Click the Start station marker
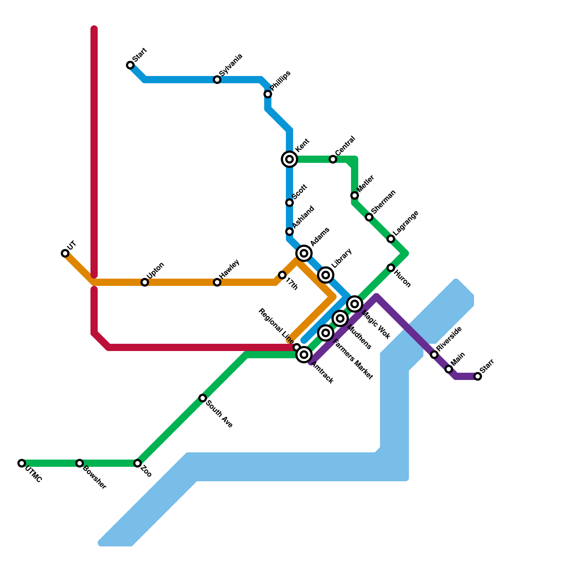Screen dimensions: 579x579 click(x=130, y=65)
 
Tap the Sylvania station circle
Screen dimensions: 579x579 click(x=217, y=80)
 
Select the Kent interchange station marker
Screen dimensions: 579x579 click(x=289, y=159)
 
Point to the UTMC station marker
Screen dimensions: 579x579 click(x=22, y=463)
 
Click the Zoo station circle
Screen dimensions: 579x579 click(x=138, y=463)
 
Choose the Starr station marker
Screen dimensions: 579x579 click(x=478, y=376)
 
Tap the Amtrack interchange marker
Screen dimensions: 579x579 click(x=304, y=355)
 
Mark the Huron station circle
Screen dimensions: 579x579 click(x=391, y=268)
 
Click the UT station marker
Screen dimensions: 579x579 click(x=65, y=253)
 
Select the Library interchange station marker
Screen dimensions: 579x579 click(x=326, y=275)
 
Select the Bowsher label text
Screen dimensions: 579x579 click(x=94, y=477)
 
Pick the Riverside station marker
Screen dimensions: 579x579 click(x=434, y=355)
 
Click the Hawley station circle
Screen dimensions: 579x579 click(x=217, y=282)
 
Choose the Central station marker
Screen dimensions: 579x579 click(x=333, y=159)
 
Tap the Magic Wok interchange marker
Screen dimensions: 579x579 click(x=355, y=304)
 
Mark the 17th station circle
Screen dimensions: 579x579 click(x=282, y=275)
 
